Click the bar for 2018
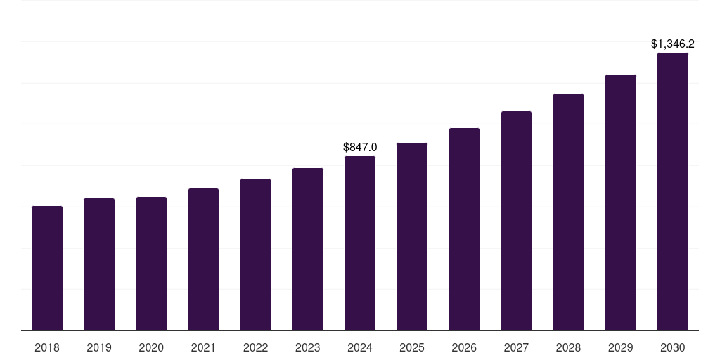tap(47, 268)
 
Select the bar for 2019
tap(99, 264)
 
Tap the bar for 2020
tap(151, 264)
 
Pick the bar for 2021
tap(203, 259)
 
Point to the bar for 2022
tap(255, 255)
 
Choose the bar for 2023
tap(308, 249)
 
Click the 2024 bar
tap(360, 243)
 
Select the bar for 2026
tap(464, 229)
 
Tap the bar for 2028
tap(568, 212)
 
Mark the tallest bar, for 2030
tap(673, 191)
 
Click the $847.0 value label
tap(360, 147)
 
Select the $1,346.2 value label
tap(673, 44)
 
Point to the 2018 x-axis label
tap(47, 347)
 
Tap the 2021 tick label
tap(203, 347)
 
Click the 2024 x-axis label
tap(360, 347)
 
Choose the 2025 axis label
tap(412, 347)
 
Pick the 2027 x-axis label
tap(516, 347)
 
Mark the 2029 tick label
tap(621, 347)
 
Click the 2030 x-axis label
tap(673, 347)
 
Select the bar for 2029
tap(621, 202)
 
